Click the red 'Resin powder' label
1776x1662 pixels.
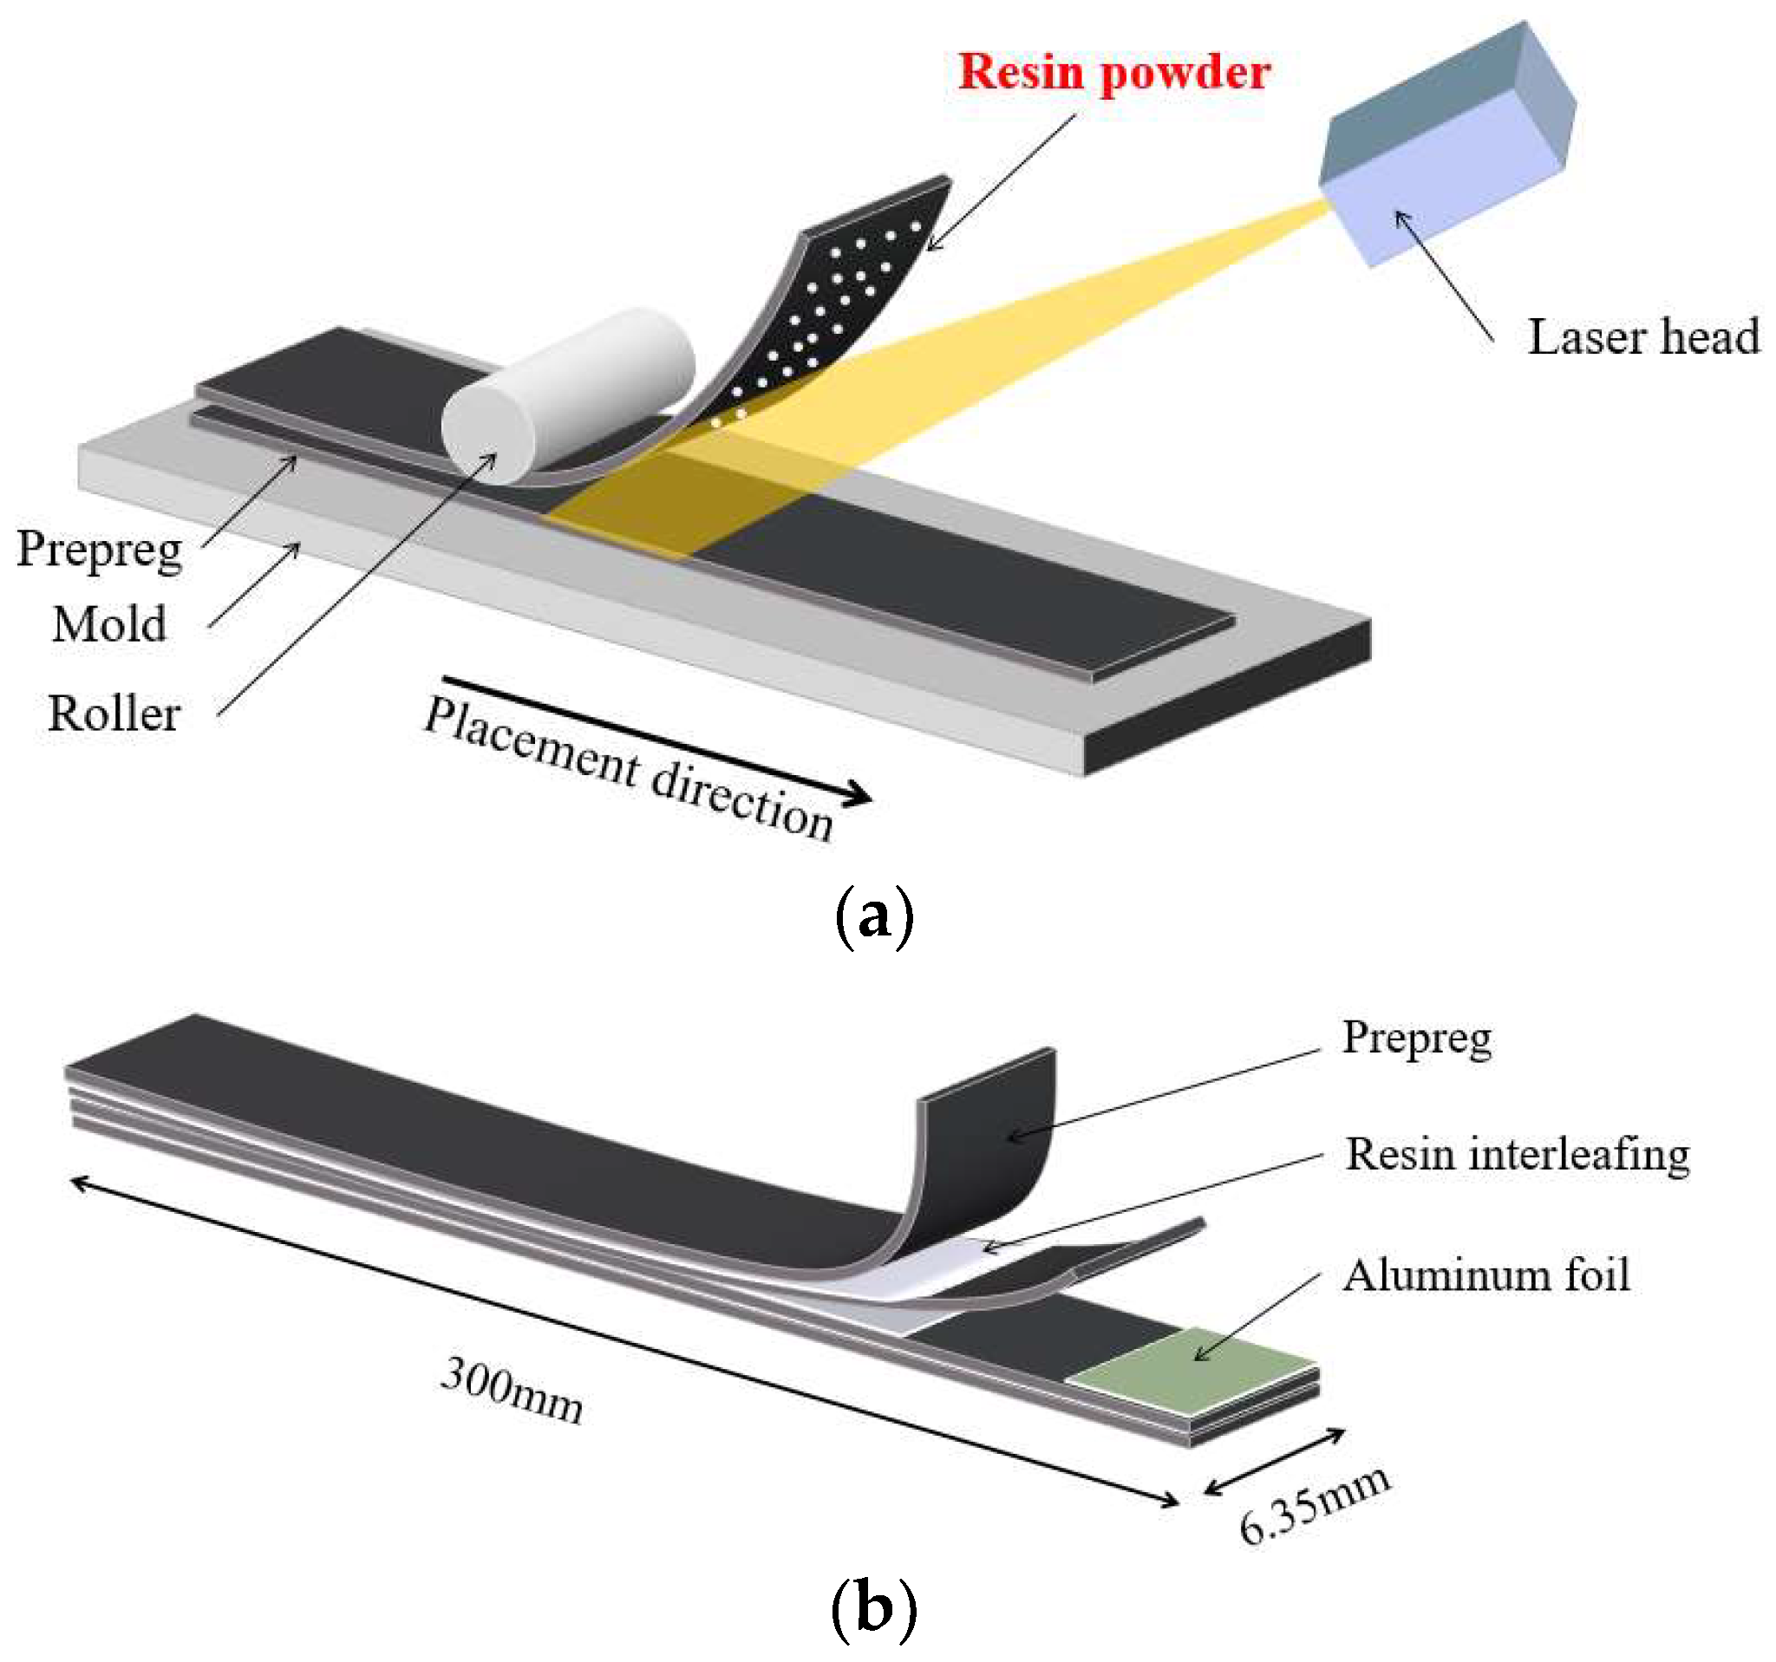1113,71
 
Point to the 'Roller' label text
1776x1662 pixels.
114,714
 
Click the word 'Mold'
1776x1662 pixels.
109,624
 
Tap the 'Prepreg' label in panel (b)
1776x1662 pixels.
1416,1039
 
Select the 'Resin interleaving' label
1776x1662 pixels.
1516,1155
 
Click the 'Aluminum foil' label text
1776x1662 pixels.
1485,1275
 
